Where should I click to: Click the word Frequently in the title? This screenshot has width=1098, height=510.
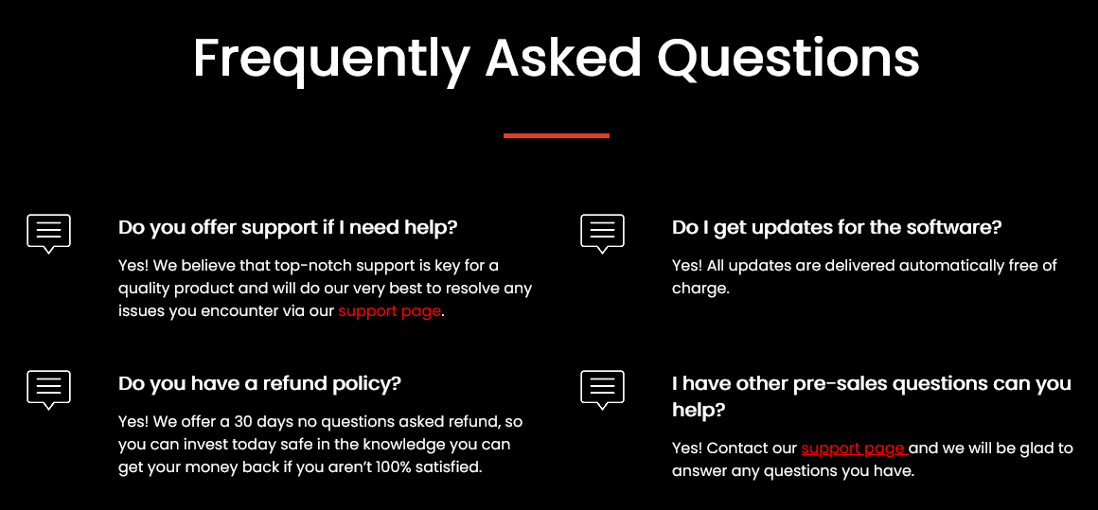330,59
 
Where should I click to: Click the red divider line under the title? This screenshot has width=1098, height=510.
556,135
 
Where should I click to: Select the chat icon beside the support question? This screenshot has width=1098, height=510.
48,234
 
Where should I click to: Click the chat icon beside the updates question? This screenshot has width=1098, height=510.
602,234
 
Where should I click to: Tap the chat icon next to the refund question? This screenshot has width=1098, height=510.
48,390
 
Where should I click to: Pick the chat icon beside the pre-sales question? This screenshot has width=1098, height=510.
602,390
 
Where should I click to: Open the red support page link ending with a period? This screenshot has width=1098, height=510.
389,311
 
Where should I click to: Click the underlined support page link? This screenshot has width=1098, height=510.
855,448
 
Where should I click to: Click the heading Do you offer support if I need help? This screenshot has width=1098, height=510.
288,227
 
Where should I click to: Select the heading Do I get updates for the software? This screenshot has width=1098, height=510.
837,227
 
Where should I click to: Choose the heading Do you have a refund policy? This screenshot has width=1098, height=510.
259,384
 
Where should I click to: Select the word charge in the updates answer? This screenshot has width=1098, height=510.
699,289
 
